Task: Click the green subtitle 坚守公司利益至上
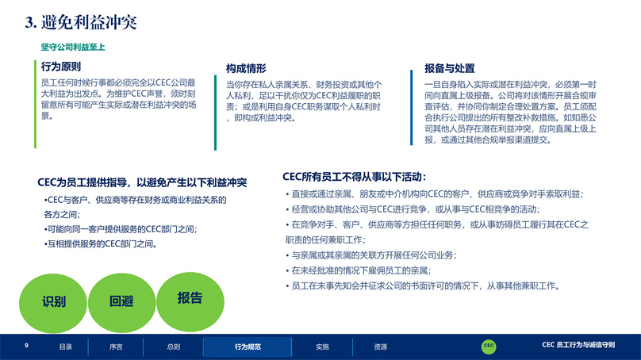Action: (x=73, y=47)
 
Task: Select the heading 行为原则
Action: (x=61, y=66)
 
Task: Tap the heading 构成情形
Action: (x=246, y=68)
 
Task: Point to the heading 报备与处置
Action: (x=449, y=68)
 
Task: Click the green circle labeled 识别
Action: (x=53, y=302)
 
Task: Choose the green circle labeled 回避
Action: (x=122, y=302)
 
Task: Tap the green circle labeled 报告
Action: (x=190, y=301)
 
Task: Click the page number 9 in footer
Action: (x=26, y=346)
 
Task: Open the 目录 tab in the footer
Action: (x=65, y=347)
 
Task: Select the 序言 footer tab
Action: (x=116, y=347)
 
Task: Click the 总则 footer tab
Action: (x=173, y=347)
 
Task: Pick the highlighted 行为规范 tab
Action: (x=248, y=347)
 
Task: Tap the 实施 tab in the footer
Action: (x=322, y=347)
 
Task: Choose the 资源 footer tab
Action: (x=380, y=347)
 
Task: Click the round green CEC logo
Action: (x=489, y=346)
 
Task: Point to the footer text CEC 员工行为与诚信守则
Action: (x=578, y=345)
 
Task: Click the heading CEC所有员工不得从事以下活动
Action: (x=354, y=177)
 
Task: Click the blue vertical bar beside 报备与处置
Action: (x=411, y=108)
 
